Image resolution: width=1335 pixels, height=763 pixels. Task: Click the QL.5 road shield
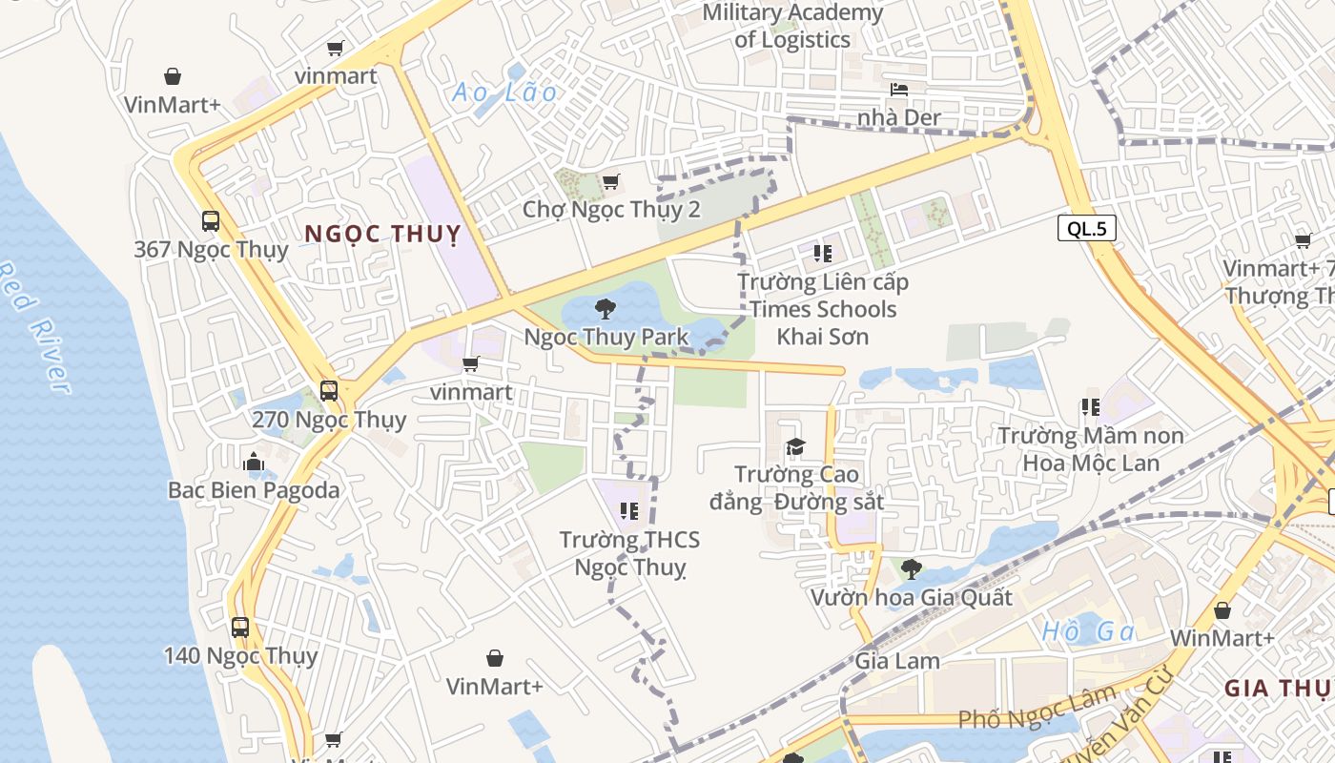(1086, 228)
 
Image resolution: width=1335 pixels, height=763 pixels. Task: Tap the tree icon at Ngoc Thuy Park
(605, 308)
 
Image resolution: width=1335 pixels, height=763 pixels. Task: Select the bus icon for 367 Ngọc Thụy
(211, 221)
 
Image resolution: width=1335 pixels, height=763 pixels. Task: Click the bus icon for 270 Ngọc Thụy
(329, 390)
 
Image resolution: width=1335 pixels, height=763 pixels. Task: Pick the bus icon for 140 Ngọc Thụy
(240, 627)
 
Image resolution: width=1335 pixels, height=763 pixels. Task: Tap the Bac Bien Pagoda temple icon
(253, 463)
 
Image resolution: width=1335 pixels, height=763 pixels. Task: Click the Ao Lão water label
(504, 93)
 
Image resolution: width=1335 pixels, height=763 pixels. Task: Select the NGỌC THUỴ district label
(382, 234)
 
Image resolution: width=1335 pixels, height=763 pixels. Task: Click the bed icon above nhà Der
(899, 90)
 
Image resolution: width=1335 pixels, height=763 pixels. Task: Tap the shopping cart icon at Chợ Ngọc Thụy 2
(610, 181)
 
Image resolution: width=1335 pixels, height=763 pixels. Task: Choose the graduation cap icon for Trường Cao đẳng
(795, 446)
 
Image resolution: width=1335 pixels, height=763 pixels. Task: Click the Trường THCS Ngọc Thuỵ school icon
(628, 511)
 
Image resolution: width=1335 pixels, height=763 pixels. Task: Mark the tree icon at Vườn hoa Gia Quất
(911, 569)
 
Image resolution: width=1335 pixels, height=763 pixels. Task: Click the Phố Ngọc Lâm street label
(1036, 710)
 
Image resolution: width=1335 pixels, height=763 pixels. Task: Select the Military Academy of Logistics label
(792, 27)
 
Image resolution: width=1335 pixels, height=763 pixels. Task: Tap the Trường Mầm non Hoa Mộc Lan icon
(1091, 407)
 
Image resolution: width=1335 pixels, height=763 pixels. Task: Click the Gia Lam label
(897, 660)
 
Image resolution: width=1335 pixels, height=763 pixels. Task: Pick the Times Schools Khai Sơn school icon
(823, 254)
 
